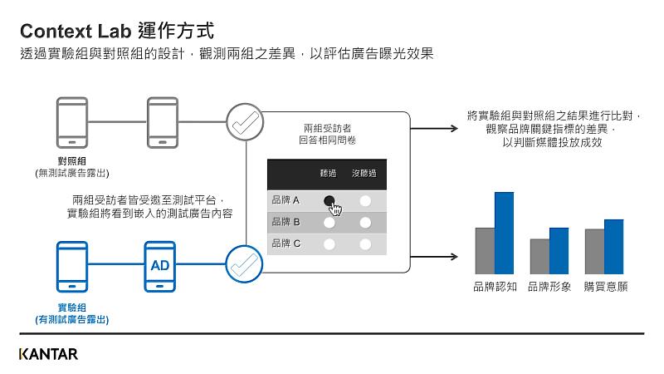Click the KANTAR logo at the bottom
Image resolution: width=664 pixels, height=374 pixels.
pyautogui.click(x=48, y=354)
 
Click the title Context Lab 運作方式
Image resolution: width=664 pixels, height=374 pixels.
pyautogui.click(x=116, y=32)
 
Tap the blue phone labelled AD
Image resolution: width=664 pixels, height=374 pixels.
pyautogui.click(x=160, y=266)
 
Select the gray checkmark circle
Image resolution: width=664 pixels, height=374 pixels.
pyautogui.click(x=244, y=123)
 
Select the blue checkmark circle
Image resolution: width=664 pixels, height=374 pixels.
pyautogui.click(x=244, y=264)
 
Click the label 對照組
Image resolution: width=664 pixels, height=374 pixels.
pyautogui.click(x=72, y=161)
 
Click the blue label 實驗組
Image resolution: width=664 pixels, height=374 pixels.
pyautogui.click(x=72, y=308)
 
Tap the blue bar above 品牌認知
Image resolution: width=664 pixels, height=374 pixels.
pyautogui.click(x=505, y=233)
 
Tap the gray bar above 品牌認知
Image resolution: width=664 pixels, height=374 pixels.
pyautogui.click(x=485, y=250)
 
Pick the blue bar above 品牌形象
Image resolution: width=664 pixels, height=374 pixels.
pyautogui.click(x=559, y=250)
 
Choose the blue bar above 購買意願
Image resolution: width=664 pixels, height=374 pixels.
pyautogui.click(x=613, y=246)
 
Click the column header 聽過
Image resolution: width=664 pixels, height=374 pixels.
pyautogui.click(x=329, y=174)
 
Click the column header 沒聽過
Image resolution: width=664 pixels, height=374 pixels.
pyautogui.click(x=364, y=174)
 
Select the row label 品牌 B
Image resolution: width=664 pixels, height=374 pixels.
pyautogui.click(x=286, y=222)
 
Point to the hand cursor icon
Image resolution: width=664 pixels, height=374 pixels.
pyautogui.click(x=335, y=208)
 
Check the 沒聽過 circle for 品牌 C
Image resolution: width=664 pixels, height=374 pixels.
pyautogui.click(x=364, y=244)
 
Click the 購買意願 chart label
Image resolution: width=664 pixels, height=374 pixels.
pyautogui.click(x=606, y=287)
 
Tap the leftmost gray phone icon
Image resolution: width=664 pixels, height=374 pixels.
pyautogui.click(x=72, y=123)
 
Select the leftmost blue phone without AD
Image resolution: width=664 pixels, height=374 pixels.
pyautogui.click(x=72, y=266)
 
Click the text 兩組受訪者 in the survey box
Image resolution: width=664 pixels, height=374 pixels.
pyautogui.click(x=327, y=128)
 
